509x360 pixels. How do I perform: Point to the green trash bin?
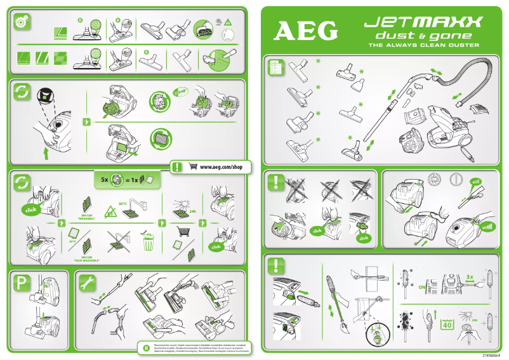click(148, 243)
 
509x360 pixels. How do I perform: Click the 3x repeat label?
click(470, 277)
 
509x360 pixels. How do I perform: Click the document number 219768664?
click(494, 356)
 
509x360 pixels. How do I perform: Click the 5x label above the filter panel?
click(105, 180)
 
